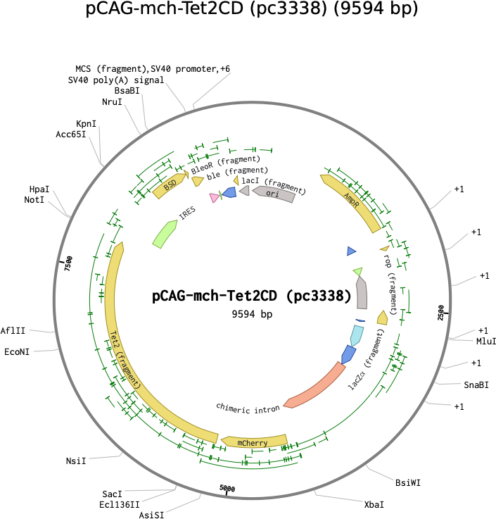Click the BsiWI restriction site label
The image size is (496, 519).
(x=408, y=482)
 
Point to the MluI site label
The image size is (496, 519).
(x=486, y=342)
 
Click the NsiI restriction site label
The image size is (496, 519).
(x=76, y=461)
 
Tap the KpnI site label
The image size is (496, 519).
(x=87, y=124)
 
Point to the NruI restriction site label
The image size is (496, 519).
(x=112, y=101)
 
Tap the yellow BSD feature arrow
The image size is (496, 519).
(x=170, y=185)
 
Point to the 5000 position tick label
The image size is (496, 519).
(x=227, y=488)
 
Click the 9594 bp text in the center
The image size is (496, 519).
(x=252, y=314)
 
